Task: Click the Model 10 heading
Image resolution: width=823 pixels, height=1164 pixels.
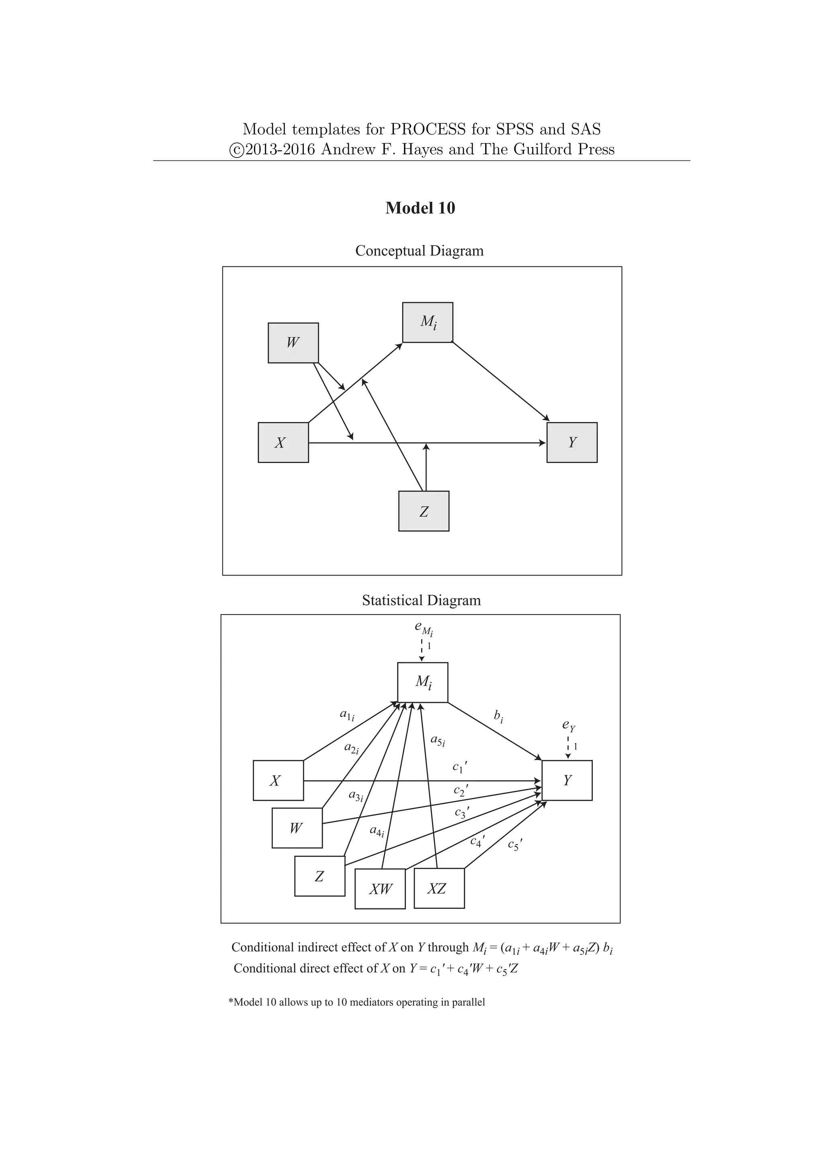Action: tap(420, 208)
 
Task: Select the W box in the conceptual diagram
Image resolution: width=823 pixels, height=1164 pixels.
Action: tap(293, 343)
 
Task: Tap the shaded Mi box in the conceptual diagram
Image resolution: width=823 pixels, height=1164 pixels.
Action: tap(427, 322)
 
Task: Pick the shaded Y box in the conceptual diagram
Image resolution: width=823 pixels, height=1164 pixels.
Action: tap(572, 443)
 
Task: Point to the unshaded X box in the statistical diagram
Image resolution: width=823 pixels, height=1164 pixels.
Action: tap(278, 780)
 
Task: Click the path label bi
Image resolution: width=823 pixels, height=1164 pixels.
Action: tap(498, 716)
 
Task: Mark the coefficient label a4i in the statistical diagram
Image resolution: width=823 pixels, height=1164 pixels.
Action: tap(377, 832)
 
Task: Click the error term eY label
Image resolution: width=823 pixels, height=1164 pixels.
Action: tap(569, 726)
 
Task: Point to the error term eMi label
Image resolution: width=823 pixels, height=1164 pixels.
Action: tap(424, 628)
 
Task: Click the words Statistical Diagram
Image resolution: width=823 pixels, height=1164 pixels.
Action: tap(421, 600)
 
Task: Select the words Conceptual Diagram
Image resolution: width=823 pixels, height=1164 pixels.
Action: tap(419, 251)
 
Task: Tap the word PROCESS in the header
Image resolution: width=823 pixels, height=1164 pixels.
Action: tap(428, 129)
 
